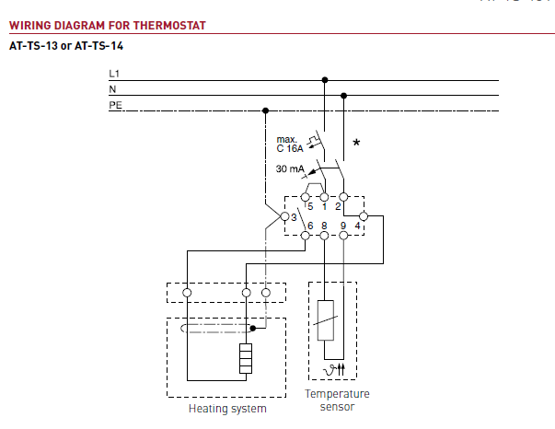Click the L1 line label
[x=114, y=73]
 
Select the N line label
[x=112, y=89]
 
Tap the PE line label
[x=115, y=105]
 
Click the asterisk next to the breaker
[x=356, y=143]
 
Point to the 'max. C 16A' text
[x=292, y=144]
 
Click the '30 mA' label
[x=290, y=169]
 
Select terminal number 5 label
[x=310, y=206]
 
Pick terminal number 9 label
[x=343, y=225]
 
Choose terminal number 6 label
[x=310, y=225]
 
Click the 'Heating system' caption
[x=227, y=408]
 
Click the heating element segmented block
[x=245, y=358]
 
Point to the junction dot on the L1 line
[x=324, y=79]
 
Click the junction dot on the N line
[x=343, y=95]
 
